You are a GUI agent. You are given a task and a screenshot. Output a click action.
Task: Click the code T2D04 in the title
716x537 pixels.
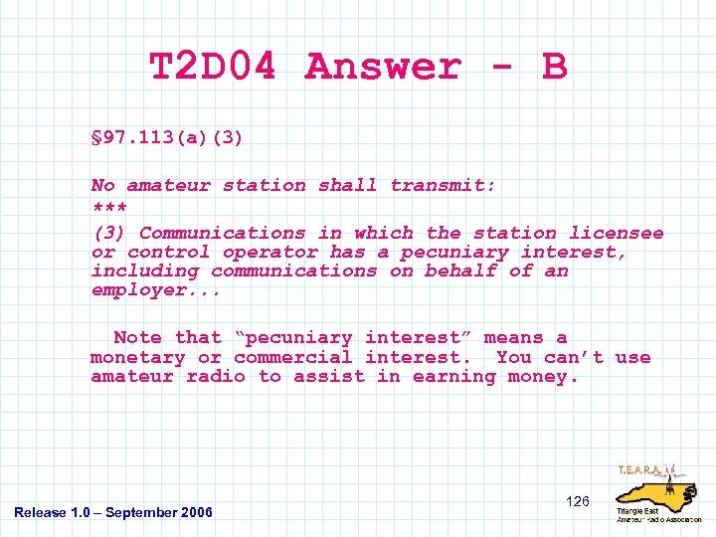(x=212, y=68)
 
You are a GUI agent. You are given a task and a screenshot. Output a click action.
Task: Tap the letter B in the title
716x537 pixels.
(x=554, y=68)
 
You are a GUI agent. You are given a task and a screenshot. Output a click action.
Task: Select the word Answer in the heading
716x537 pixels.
(x=384, y=68)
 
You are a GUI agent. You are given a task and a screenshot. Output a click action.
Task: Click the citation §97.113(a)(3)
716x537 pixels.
(x=166, y=137)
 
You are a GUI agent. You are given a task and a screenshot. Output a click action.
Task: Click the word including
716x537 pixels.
(x=145, y=271)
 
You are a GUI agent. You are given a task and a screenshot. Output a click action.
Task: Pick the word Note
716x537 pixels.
(x=138, y=338)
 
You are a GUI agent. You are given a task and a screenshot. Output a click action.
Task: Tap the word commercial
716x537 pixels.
(x=293, y=357)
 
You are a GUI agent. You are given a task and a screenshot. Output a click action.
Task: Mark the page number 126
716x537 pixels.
(x=578, y=501)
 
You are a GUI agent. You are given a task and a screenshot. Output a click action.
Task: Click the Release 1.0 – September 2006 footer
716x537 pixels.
(x=113, y=512)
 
